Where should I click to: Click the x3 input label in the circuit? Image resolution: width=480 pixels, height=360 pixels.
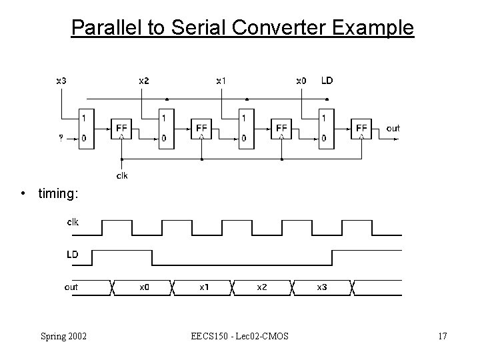tap(61, 81)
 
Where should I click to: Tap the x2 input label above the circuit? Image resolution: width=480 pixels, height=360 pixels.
tap(144, 81)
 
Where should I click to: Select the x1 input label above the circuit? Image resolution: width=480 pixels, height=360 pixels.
tap(221, 81)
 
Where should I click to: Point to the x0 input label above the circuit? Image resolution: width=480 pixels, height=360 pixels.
tap(301, 81)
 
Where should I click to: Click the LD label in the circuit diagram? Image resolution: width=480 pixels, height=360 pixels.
tap(327, 81)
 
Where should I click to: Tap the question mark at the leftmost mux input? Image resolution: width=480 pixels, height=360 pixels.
tap(61, 139)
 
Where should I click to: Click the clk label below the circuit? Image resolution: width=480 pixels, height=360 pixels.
tap(122, 176)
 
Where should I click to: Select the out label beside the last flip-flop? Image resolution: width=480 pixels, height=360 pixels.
tap(393, 127)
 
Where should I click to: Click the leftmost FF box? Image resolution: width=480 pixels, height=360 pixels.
tap(121, 128)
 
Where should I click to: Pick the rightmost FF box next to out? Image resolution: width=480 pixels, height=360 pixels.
tap(361, 128)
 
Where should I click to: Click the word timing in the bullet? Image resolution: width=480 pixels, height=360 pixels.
tap(58, 193)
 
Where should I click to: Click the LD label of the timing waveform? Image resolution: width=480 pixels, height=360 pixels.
tap(72, 255)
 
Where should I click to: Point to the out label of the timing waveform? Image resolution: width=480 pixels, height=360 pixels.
tap(71, 287)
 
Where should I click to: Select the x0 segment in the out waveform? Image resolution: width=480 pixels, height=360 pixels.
tap(144, 287)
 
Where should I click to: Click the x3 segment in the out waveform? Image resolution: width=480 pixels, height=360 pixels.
tap(321, 287)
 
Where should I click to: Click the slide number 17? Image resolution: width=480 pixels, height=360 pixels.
tap(442, 335)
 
